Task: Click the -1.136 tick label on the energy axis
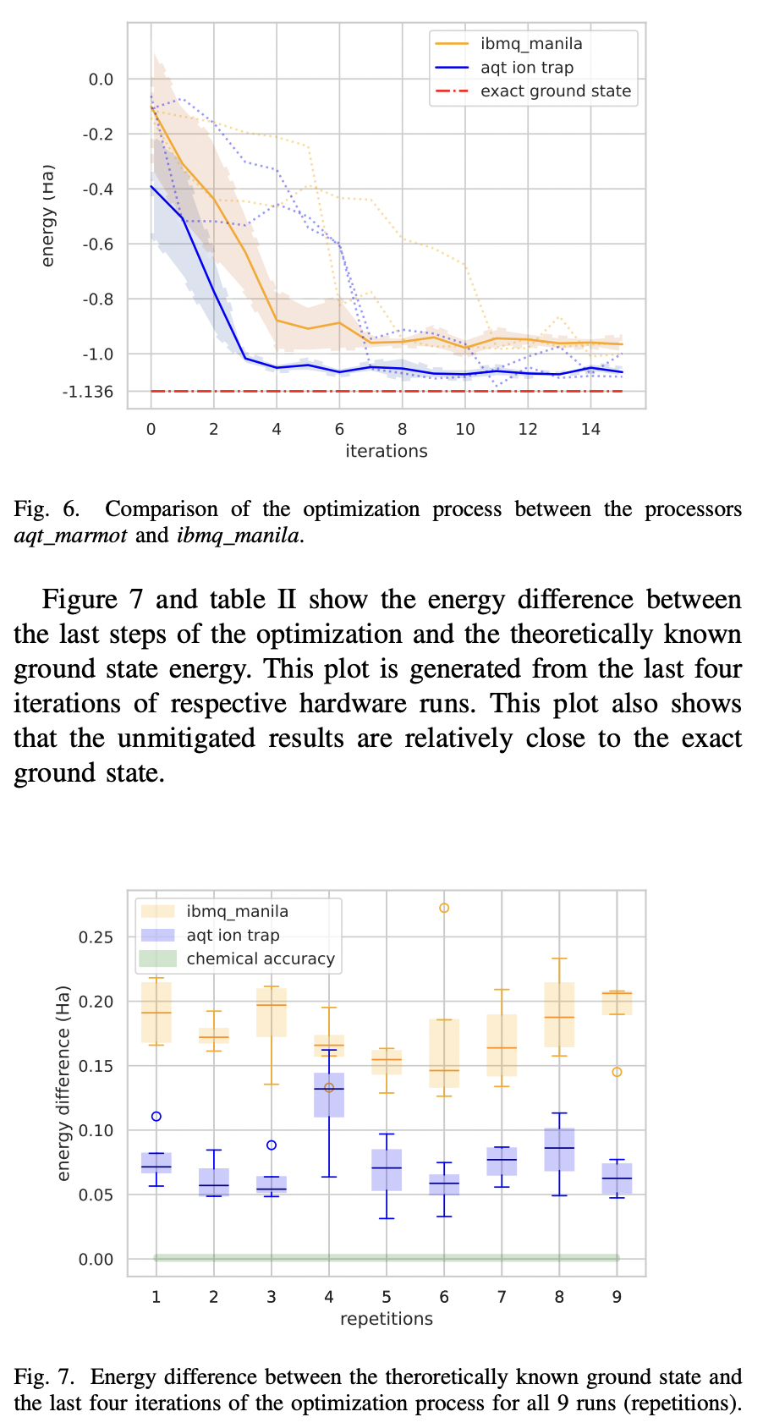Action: (x=88, y=392)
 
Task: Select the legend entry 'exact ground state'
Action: (x=555, y=91)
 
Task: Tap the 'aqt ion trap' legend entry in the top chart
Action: (x=526, y=68)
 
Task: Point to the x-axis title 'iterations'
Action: (x=387, y=451)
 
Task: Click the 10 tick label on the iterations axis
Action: (x=464, y=430)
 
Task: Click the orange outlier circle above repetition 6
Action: (x=444, y=908)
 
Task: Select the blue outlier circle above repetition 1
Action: (x=156, y=1117)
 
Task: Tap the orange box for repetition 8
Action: (x=559, y=1015)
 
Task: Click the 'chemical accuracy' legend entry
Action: (x=260, y=958)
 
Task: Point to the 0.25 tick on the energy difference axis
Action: (x=96, y=937)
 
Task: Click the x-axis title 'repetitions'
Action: (x=387, y=1319)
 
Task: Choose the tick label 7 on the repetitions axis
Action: (x=502, y=1297)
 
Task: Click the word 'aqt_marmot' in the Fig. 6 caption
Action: (x=69, y=535)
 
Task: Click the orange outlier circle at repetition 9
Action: (x=617, y=1072)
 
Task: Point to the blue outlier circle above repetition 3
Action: (x=272, y=1145)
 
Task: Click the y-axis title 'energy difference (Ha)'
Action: (x=63, y=1083)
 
